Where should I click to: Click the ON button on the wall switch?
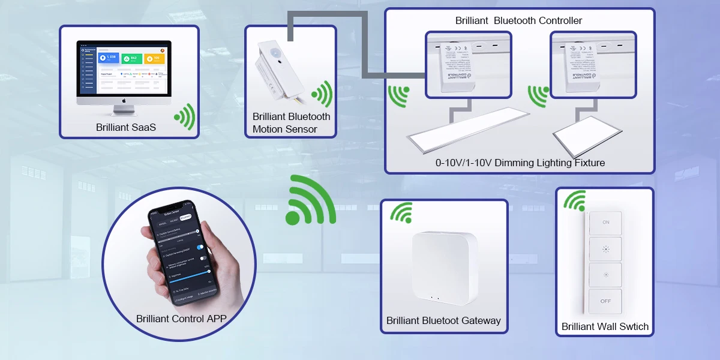(605, 223)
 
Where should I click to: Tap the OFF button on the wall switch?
(605, 301)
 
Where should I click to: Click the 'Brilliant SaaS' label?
(126, 128)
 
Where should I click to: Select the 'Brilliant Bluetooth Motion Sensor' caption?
(292, 123)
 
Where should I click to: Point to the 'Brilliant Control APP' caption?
(181, 319)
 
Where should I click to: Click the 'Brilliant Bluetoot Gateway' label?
(443, 320)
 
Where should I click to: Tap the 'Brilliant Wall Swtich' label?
(605, 327)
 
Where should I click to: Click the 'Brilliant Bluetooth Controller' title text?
(519, 21)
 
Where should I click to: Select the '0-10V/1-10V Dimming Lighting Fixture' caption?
(520, 163)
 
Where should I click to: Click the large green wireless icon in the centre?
(310, 201)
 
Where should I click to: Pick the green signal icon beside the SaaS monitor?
(184, 116)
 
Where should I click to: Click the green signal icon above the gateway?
(401, 212)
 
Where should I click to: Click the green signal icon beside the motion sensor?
(322, 94)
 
